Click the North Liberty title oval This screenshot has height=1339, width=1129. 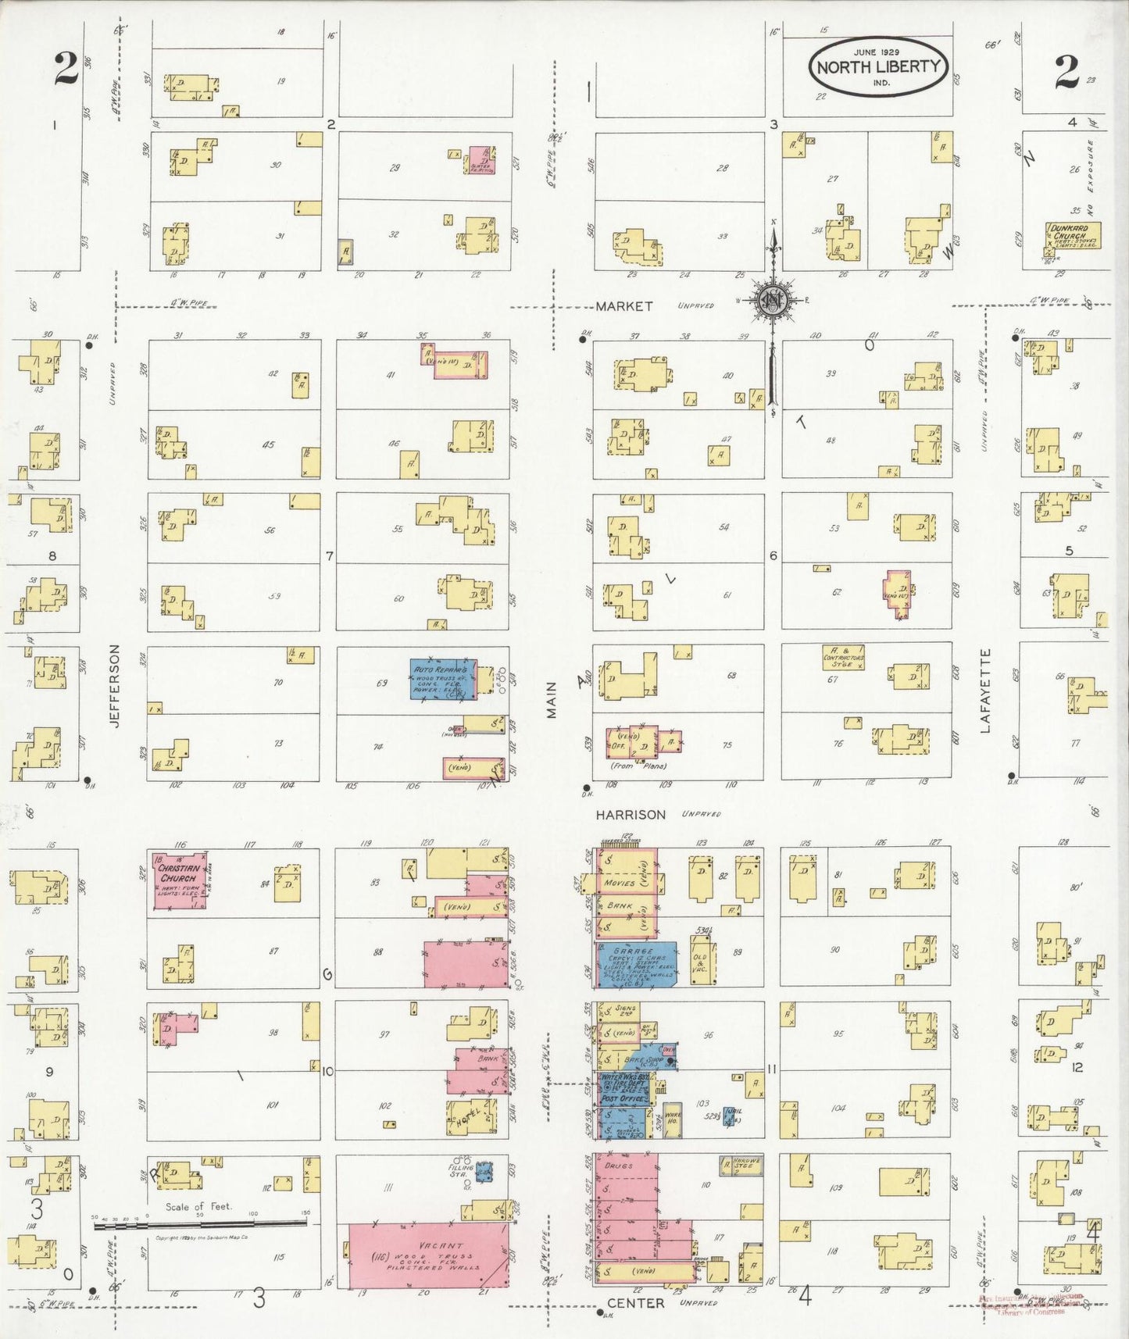pyautogui.click(x=878, y=66)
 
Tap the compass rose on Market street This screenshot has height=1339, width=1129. pyautogui.click(x=774, y=299)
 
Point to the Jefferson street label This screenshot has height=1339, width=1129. pyautogui.click(x=116, y=686)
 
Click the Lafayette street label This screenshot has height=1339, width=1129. pyautogui.click(x=984, y=691)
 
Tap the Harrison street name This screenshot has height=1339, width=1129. pyautogui.click(x=631, y=815)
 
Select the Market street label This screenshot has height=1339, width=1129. pyautogui.click(x=623, y=306)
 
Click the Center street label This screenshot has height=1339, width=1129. pyautogui.click(x=635, y=1303)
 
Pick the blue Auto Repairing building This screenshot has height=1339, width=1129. pyautogui.click(x=443, y=679)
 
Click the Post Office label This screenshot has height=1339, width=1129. pyautogui.click(x=623, y=1098)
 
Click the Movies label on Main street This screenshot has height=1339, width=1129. pyautogui.click(x=620, y=884)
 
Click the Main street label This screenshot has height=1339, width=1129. pyautogui.click(x=552, y=700)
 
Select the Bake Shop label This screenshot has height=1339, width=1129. pyautogui.click(x=644, y=1060)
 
